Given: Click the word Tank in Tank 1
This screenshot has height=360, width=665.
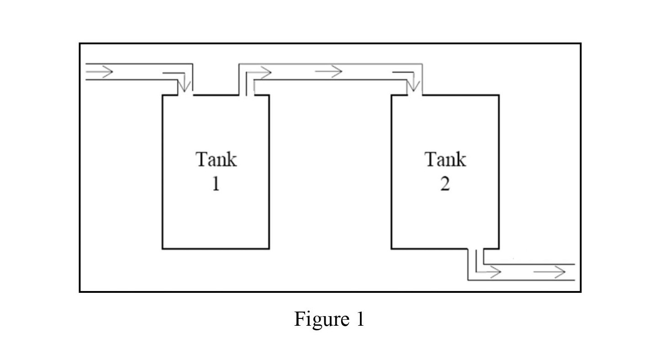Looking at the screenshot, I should (216, 159).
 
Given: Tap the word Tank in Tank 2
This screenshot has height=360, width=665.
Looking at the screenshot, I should (445, 159).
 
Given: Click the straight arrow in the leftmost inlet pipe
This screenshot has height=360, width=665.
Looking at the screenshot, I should (100, 72).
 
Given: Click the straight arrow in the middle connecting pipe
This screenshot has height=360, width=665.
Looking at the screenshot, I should (328, 72).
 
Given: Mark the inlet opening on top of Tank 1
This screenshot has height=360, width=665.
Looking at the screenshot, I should (185, 95).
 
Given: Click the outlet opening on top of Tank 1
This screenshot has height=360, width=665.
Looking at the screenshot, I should (246, 95).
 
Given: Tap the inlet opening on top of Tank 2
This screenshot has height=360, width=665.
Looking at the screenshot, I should (415, 95).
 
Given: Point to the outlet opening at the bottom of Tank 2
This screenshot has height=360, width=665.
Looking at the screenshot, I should (476, 249).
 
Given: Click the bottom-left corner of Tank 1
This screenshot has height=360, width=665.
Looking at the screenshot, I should (163, 249).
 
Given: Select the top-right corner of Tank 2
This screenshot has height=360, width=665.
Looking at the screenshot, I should (498, 95).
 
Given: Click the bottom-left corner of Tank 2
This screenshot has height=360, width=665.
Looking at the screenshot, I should (391, 249).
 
